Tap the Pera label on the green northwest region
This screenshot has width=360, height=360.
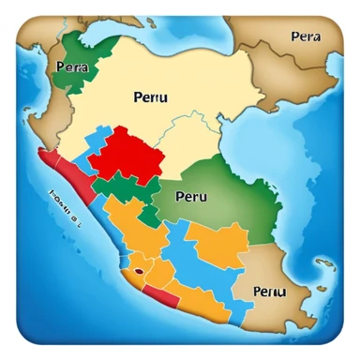coord(72,67)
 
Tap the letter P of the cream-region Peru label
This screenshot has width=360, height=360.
coord(139,96)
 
